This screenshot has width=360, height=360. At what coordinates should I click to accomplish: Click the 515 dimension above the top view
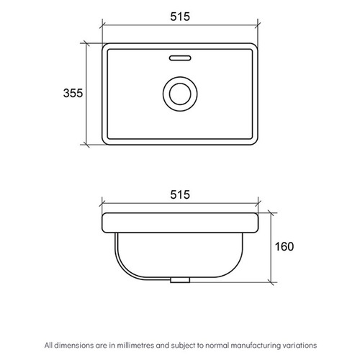tap(180, 17)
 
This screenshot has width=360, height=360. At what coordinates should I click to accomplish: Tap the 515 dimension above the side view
tap(180, 194)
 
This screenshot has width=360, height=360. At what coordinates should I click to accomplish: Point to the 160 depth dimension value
tap(284, 246)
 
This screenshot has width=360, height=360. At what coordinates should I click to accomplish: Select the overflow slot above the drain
tap(180, 55)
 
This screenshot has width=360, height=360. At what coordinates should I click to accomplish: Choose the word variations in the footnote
tap(296, 345)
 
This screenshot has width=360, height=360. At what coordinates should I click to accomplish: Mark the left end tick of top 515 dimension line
tap(101, 30)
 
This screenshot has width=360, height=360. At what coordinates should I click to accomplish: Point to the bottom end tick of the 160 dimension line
tap(270, 280)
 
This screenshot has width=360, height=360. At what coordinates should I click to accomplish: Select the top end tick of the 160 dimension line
tap(270, 212)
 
